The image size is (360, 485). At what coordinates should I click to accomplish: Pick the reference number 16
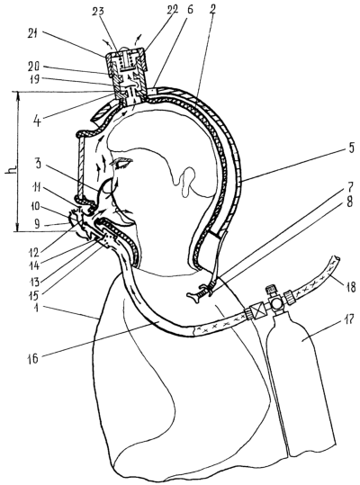[33, 358]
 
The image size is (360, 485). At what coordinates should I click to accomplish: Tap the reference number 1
[37, 308]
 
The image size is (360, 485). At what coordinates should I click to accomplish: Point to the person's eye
[123, 163]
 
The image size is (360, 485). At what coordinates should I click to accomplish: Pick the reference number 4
[39, 121]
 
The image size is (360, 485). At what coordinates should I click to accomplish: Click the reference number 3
[37, 164]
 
